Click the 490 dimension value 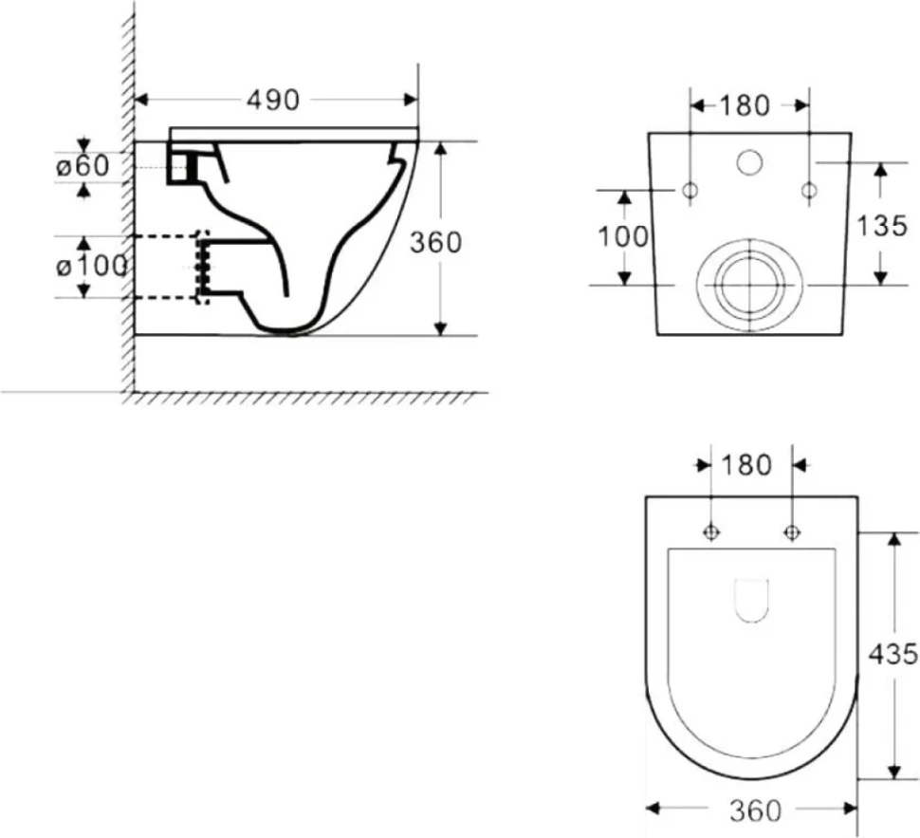(273, 100)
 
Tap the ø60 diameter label (83, 166)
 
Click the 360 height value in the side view (435, 242)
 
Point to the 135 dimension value (882, 226)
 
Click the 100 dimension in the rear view (623, 236)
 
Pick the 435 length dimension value (892, 654)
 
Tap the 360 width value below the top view (756, 811)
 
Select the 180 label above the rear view (744, 105)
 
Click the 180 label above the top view (745, 465)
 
